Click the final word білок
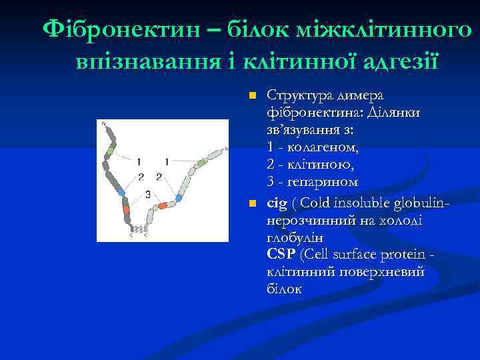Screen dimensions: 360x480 (x=284, y=289)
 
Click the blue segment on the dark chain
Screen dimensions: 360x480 (x=121, y=192)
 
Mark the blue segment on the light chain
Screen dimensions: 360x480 (x=178, y=198)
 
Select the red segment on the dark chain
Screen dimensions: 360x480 (x=126, y=209)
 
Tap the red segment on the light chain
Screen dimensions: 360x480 (x=163, y=206)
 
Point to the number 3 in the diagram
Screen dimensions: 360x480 (x=147, y=194)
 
